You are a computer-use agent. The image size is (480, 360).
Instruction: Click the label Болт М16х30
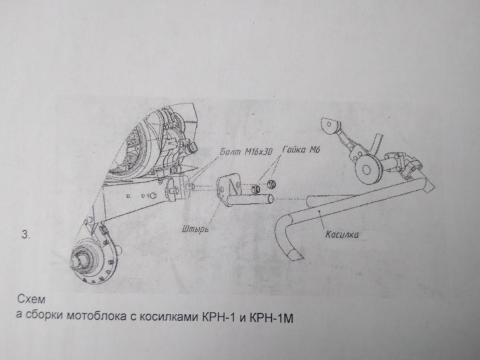247,152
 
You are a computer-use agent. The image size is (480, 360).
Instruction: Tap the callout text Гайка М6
301,150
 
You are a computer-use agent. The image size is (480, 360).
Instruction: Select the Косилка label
341,235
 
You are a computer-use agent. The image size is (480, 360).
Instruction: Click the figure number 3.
26,235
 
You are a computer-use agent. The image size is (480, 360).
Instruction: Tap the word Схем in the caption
31,299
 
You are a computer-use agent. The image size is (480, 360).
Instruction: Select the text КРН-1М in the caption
272,319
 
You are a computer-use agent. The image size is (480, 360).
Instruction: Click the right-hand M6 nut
271,185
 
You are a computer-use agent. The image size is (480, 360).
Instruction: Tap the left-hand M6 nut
256,189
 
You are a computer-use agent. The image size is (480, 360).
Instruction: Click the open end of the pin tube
269,199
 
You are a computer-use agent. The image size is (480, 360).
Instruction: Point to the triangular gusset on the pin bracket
235,185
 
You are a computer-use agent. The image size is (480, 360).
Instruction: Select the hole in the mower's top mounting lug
329,124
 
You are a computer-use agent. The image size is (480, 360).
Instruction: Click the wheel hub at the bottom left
83,261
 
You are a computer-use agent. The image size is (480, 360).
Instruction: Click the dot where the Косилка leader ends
319,211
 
